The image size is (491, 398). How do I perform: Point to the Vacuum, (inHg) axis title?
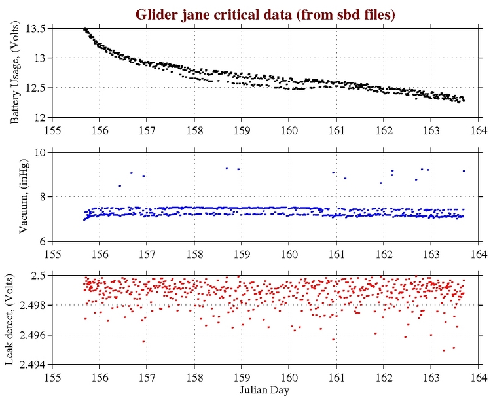23,197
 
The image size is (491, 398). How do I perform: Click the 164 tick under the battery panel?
478,130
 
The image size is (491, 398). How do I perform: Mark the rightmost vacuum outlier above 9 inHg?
464,171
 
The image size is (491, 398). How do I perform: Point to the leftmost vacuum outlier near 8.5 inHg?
120,186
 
